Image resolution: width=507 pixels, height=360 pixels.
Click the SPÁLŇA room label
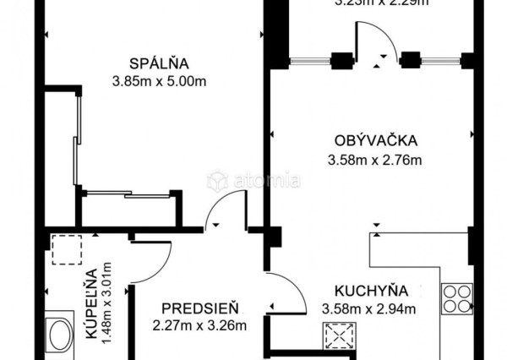[x=158, y=63]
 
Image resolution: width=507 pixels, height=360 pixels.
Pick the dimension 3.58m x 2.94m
[x=369, y=308]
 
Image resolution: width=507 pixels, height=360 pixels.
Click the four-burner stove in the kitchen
[x=456, y=297]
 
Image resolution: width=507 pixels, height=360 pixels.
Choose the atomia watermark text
[x=253, y=180]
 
